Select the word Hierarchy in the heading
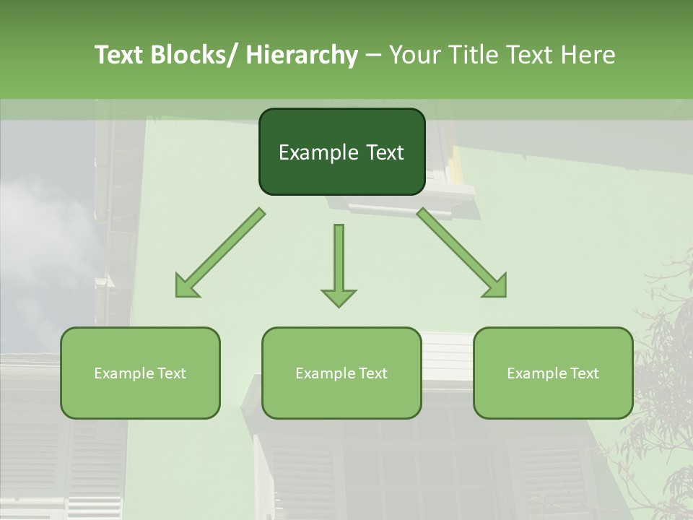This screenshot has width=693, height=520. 302,56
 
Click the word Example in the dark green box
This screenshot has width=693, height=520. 318,152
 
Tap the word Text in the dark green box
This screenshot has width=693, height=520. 384,152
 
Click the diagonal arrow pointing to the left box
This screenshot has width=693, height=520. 224,250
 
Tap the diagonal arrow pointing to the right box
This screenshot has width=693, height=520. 458,250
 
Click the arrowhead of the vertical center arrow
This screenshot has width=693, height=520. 339,296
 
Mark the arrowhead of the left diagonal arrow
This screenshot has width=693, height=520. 185,287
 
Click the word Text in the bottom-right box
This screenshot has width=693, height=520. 583,373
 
